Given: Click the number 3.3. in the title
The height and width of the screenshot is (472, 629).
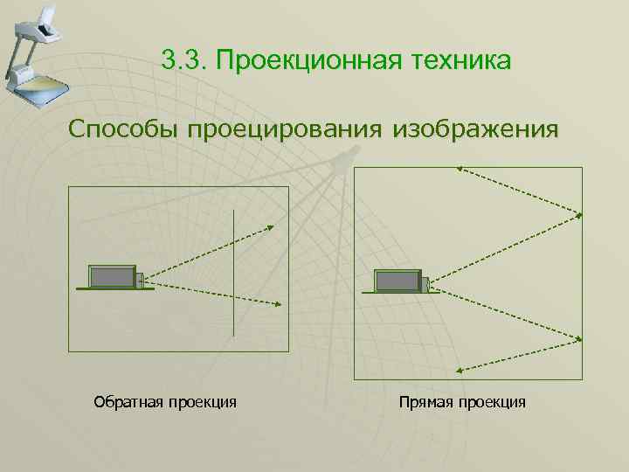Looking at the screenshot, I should point(184,62).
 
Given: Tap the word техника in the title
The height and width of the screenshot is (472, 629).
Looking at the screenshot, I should point(454,62).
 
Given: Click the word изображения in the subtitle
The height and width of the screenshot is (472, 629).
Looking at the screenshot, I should point(475,130).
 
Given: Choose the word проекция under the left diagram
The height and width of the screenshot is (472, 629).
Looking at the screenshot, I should point(204,402).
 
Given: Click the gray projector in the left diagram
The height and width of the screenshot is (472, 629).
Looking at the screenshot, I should point(112,277).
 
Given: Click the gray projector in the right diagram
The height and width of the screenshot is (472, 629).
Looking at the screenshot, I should point(397,281).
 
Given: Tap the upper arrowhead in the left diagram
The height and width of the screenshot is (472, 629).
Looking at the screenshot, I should point(270,227).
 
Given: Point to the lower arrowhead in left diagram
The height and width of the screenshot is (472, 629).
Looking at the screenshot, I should point(277,304).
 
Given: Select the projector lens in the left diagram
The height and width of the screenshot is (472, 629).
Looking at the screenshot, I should point(139,280).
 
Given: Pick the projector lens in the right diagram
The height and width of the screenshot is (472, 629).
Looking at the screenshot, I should point(425,284).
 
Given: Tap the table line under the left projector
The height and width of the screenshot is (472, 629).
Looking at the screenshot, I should point(114,289).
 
